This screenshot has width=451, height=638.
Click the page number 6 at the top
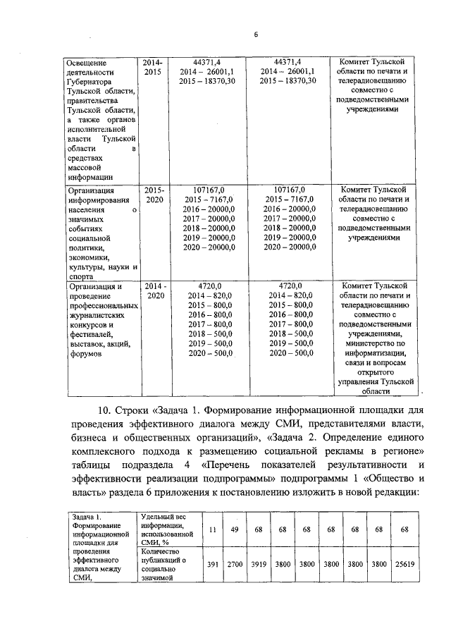(257, 35)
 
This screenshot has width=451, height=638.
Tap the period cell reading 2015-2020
(154, 195)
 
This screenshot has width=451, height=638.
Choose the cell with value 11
(213, 529)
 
